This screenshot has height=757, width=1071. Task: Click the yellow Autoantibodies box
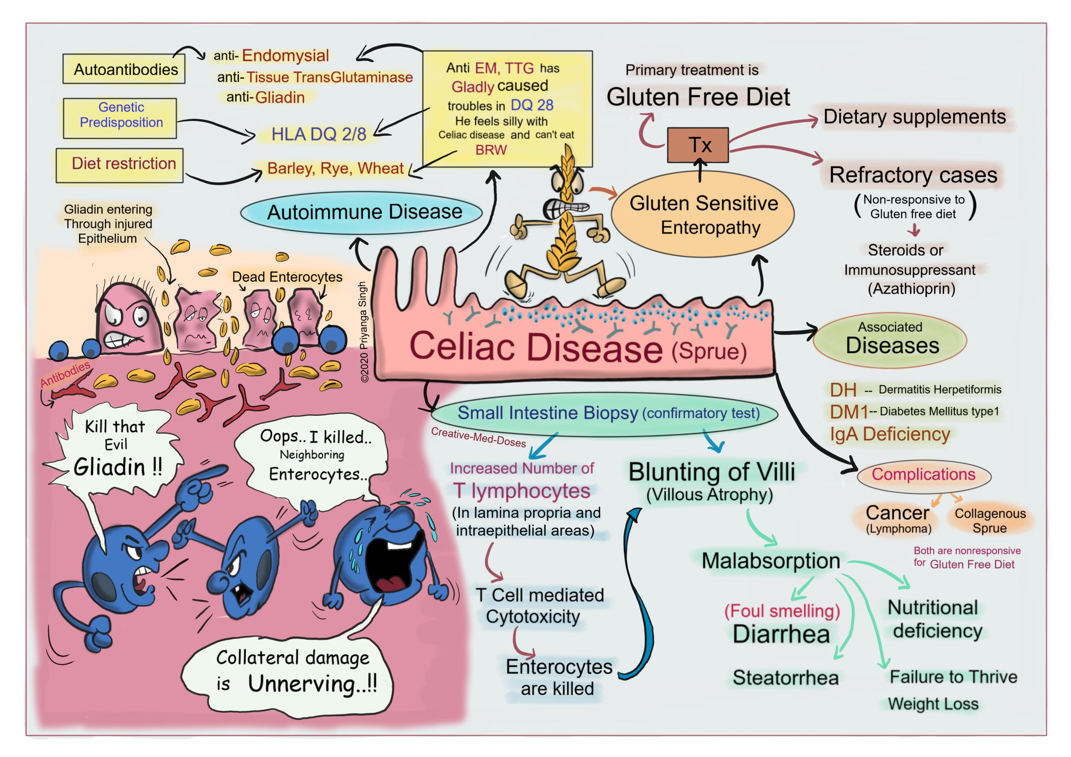point(124,69)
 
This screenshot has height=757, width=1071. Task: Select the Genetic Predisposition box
point(120,118)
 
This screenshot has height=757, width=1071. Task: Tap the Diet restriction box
point(119,165)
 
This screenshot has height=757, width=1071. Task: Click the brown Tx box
point(697,145)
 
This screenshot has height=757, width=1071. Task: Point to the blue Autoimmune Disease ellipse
point(361,213)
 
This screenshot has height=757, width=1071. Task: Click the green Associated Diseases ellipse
point(890,340)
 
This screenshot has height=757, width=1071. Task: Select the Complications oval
point(924,475)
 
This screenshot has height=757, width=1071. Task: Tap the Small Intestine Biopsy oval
point(604,413)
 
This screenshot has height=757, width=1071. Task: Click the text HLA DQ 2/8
point(319,134)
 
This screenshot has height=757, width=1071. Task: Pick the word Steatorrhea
point(786,678)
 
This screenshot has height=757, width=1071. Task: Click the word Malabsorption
point(771,561)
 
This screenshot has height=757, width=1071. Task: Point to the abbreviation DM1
point(848,412)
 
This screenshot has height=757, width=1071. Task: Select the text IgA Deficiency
point(890,434)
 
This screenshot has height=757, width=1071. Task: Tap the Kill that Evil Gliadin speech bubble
point(114,450)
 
